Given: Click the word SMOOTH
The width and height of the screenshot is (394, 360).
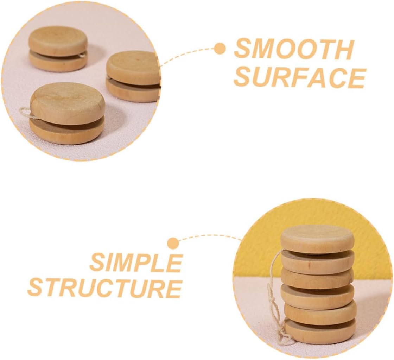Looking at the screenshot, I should coord(294,50).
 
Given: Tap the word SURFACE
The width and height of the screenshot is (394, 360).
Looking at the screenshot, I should coord(300,77).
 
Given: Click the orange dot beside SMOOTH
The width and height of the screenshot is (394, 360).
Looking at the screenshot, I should coord(220,49).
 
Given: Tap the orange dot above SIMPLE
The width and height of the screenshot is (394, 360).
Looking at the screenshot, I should coord(173,243).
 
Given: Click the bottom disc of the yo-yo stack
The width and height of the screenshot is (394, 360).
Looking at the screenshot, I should coord(320,332).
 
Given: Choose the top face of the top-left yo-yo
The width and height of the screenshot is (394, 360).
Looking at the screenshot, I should coord(58,40).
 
